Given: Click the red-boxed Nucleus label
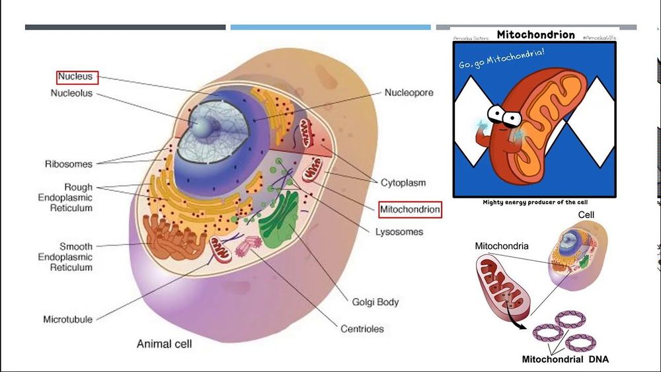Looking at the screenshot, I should (77, 77).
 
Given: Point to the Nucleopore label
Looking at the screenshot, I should (409, 93).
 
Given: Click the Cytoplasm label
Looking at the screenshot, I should (403, 182).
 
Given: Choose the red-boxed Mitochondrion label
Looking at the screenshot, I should (410, 210).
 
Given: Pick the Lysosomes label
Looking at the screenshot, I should (399, 232).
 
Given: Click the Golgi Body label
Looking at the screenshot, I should (375, 303).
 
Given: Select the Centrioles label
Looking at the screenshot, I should (362, 328).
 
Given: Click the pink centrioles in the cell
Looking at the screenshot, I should (249, 247).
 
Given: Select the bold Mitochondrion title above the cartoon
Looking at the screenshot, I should (535, 34).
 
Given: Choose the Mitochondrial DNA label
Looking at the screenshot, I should (565, 359).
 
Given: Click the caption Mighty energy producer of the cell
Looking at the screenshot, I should (535, 202).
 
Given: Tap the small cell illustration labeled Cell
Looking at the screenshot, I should (575, 252).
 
